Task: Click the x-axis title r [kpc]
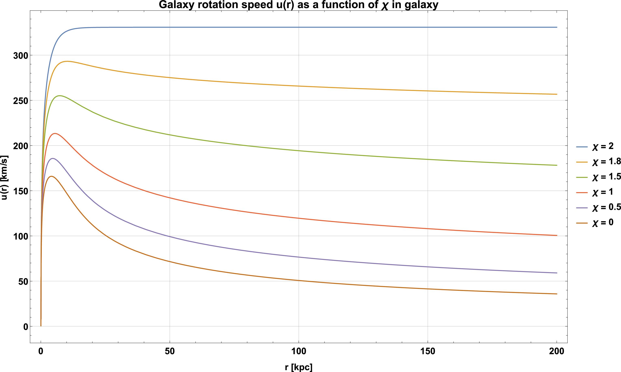point(299,367)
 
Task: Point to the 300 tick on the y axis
point(20,55)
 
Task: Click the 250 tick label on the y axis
point(20,101)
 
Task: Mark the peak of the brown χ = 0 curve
point(51,176)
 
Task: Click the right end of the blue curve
point(557,27)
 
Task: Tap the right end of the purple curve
point(557,273)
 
